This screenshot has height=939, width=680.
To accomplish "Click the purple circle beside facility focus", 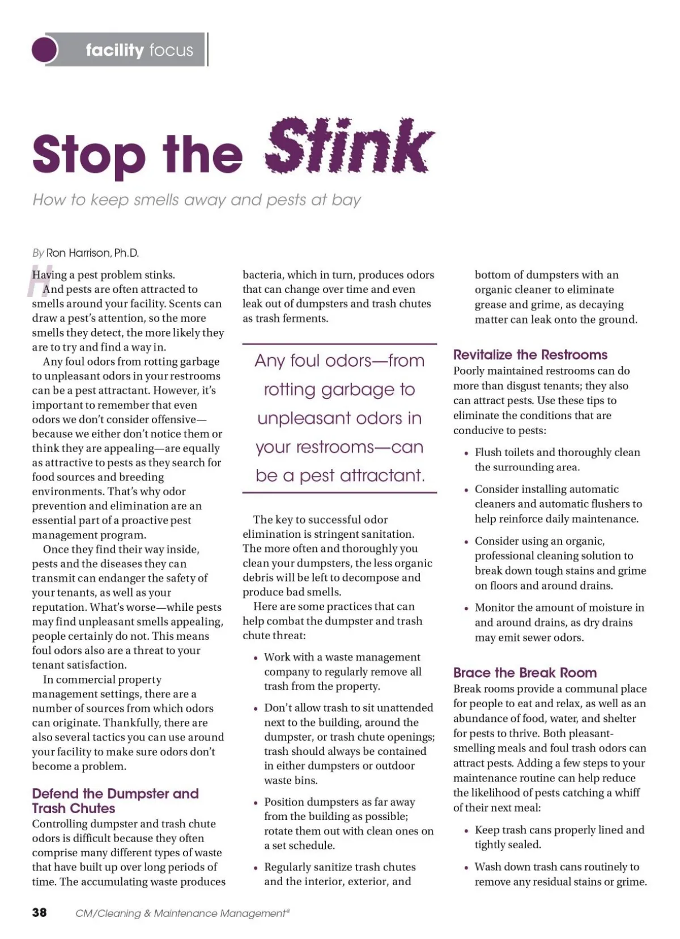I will [45, 50].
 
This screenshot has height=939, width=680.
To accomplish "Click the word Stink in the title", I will [349, 146].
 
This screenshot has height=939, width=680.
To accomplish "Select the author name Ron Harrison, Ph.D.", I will [92, 253].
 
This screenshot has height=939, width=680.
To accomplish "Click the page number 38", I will [40, 912].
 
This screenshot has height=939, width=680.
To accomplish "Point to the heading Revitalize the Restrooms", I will [530, 355].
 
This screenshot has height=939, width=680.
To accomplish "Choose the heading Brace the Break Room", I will [525, 673].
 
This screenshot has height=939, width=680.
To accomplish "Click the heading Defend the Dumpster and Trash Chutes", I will [115, 801].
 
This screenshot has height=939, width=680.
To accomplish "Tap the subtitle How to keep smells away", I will [197, 200].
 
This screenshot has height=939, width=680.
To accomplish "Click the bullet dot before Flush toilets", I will [466, 453].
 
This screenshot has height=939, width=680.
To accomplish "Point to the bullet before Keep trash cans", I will [466, 831].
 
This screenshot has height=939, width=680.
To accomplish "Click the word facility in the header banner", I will [115, 50].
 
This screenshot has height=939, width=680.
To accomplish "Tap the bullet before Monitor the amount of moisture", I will [466, 609].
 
